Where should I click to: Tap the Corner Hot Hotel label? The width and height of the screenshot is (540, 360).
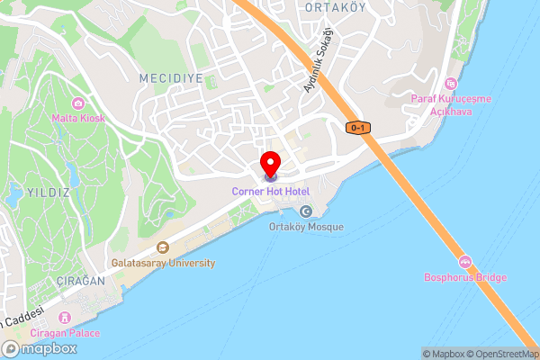click(270, 191)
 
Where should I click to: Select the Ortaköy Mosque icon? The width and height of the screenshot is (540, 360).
click(306, 211)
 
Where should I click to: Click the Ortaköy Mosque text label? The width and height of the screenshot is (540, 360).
click(306, 227)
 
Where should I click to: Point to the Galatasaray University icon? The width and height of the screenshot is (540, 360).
click(162, 247)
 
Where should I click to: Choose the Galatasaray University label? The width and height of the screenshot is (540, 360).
click(163, 263)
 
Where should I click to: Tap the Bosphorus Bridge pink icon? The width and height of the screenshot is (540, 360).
click(465, 262)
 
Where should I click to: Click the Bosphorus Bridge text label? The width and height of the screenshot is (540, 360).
click(465, 277)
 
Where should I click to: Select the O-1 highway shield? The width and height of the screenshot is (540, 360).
click(357, 128)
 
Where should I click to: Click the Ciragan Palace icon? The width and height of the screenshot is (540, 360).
click(64, 318)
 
